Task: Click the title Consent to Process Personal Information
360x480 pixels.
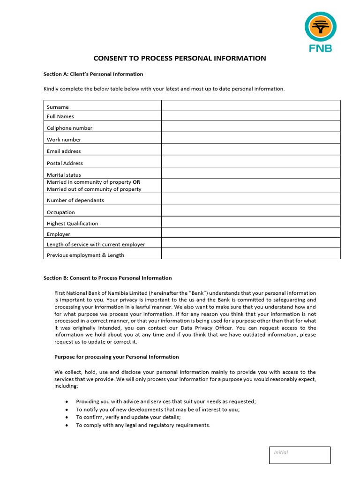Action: (180, 59)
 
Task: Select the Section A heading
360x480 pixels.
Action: (93, 74)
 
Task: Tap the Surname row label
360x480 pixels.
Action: (58, 107)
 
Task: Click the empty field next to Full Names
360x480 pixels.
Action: (251, 116)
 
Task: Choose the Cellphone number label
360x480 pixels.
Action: (69, 128)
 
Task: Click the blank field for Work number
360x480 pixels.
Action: (251, 138)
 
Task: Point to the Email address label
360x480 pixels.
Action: (64, 151)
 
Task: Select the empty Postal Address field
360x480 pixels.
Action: (251, 161)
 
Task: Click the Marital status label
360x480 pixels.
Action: (64, 175)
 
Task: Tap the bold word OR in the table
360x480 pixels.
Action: (136, 182)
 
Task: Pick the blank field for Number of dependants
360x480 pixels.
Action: (251, 198)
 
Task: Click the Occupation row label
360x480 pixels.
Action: (61, 212)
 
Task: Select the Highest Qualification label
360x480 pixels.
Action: (73, 224)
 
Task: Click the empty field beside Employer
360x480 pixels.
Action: (251, 232)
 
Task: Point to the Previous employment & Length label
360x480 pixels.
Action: (85, 255)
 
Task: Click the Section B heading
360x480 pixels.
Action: (107, 278)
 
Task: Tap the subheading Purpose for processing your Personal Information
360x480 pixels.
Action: (117, 357)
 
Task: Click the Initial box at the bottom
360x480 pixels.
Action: (300, 455)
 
